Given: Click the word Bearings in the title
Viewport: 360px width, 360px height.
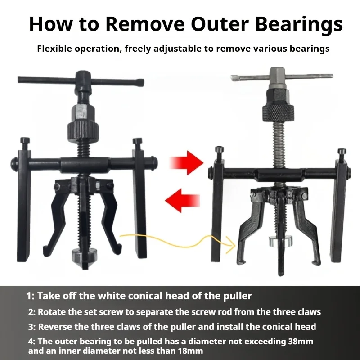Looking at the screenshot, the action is click(x=299, y=25).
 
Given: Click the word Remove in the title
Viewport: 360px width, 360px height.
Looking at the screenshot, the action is click(x=145, y=24).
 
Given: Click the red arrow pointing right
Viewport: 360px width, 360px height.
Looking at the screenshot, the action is click(x=186, y=163).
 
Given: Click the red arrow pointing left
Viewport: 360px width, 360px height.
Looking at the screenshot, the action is click(x=182, y=200).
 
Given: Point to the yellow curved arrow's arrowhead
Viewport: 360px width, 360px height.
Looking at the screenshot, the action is click(x=231, y=245).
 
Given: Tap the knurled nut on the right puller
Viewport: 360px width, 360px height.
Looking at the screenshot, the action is click(x=278, y=113).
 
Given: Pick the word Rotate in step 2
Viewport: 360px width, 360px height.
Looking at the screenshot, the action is click(x=51, y=312).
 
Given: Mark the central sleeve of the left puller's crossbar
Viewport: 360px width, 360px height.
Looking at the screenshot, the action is click(x=85, y=165).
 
